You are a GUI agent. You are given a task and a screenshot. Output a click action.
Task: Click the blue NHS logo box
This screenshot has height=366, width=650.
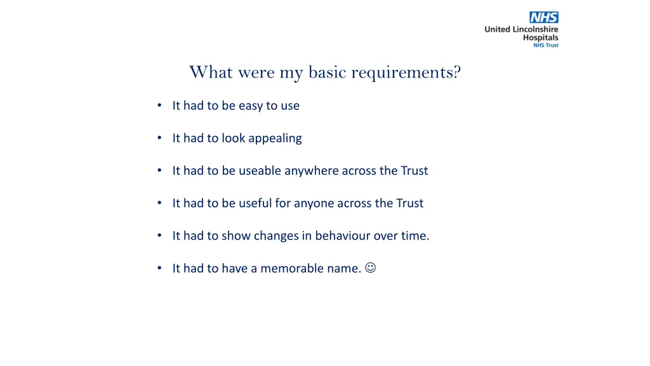544,18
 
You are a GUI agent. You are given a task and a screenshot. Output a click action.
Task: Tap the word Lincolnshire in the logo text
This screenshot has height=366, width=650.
534,29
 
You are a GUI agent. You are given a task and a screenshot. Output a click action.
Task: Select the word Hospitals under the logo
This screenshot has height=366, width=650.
540,37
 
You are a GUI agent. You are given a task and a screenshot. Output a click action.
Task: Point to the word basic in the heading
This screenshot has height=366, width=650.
328,72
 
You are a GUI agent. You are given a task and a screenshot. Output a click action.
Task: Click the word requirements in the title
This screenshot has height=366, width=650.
406,72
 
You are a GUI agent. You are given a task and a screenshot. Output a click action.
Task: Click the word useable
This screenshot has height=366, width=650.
260,171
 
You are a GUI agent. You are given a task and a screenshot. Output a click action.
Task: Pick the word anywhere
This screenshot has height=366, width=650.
312,171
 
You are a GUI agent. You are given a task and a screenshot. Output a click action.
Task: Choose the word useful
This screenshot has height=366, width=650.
255,203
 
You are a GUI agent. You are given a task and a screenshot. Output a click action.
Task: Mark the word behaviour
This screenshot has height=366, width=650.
343,236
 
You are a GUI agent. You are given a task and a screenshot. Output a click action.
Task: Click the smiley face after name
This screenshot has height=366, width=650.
370,268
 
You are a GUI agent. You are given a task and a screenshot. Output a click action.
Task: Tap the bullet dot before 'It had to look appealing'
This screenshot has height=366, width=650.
159,139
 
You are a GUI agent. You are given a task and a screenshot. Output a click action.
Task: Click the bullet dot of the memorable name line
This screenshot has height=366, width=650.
159,268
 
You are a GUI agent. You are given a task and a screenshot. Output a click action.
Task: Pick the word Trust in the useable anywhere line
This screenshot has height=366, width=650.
414,171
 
